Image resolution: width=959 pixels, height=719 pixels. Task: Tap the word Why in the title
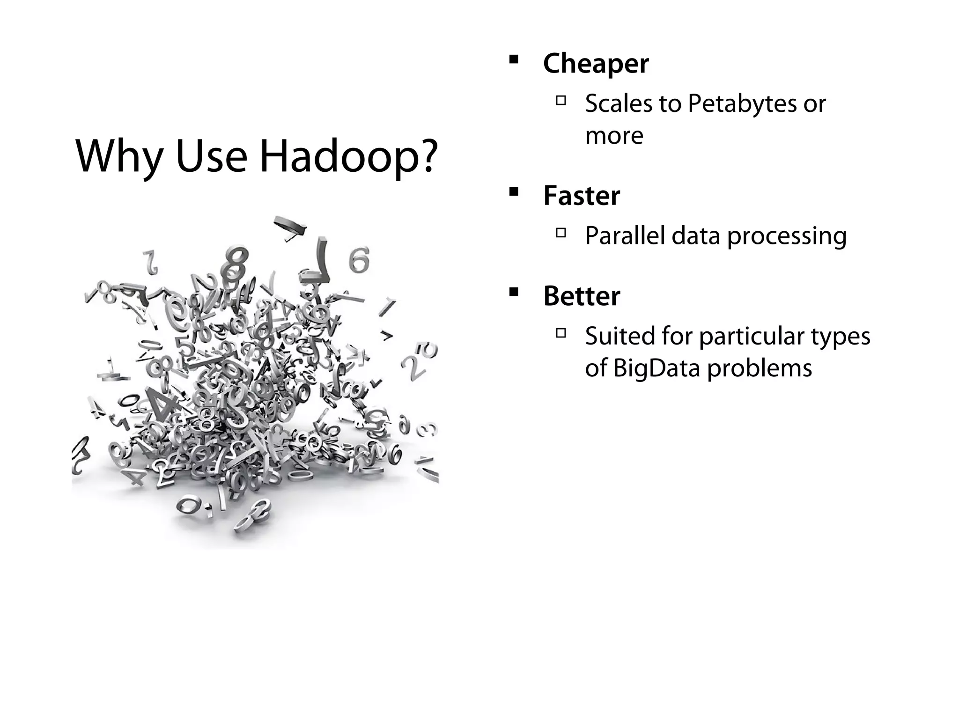click(119, 157)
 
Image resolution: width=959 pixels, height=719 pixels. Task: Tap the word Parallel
click(625, 235)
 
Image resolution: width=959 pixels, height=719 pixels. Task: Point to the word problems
click(760, 368)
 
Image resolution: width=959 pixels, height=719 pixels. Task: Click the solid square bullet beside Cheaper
click(514, 59)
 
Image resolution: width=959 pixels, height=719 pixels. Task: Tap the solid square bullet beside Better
click(514, 293)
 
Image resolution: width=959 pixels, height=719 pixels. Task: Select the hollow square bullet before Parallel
click(561, 232)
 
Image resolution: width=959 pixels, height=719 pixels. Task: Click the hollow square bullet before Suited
click(561, 333)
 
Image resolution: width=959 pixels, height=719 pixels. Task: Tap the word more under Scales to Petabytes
click(614, 136)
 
